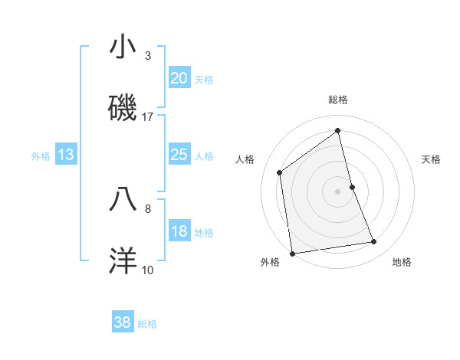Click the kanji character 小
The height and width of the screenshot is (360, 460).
point(123,47)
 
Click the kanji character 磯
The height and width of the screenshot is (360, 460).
point(123,108)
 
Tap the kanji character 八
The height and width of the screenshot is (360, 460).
point(123,198)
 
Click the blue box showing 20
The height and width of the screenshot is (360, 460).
point(179,78)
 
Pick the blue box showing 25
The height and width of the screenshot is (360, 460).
point(179,155)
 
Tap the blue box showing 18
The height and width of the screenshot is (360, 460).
point(179,232)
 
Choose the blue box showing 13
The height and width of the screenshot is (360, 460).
point(66,155)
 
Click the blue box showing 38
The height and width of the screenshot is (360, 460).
point(123,323)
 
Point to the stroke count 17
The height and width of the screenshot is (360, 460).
point(148,116)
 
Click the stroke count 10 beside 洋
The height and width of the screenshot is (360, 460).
point(148,270)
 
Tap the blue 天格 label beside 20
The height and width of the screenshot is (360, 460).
point(204,79)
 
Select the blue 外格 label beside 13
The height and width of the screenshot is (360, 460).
point(41,156)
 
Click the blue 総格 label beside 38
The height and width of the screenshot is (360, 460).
point(147,324)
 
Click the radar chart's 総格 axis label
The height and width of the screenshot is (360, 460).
point(338,100)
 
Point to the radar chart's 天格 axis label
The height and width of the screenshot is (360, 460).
point(432,159)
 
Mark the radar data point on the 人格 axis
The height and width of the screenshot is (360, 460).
point(280,172)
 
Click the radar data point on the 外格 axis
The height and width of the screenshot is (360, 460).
point(292,253)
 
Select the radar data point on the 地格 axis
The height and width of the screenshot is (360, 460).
point(374,242)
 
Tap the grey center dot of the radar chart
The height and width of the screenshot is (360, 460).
point(338,191)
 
